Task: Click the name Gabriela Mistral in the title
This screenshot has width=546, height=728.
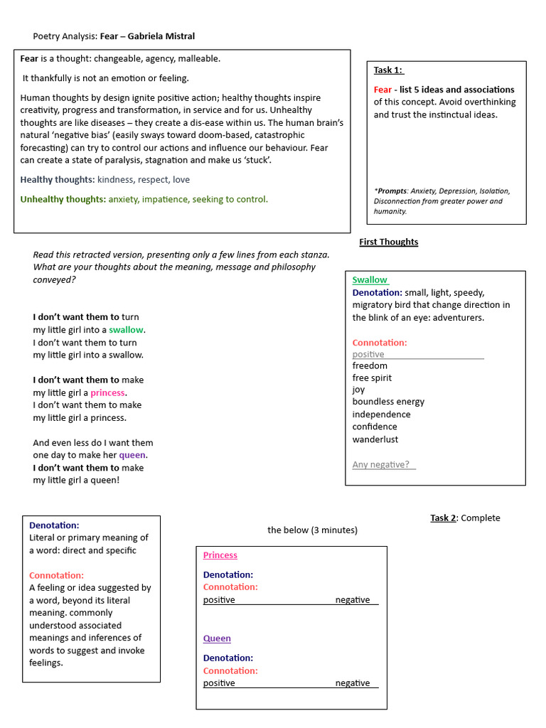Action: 161,36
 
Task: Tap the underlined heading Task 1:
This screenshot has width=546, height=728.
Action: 388,70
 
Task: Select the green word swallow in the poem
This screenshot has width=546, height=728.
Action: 126,330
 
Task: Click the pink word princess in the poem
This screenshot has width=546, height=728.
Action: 107,392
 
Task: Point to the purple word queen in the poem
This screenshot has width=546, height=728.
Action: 132,455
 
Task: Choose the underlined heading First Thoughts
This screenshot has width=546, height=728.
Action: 388,242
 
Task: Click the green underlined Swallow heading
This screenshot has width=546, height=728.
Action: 370,280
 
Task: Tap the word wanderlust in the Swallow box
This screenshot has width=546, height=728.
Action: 375,439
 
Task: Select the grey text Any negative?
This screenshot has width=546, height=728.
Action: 381,465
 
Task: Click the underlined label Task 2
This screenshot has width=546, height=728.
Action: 443,518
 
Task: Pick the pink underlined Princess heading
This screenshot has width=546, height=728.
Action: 220,555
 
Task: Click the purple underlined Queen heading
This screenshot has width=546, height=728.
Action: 217,638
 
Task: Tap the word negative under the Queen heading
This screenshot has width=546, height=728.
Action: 353,683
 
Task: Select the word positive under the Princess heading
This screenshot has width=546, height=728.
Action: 219,600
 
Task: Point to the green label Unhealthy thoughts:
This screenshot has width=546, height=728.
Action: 63,199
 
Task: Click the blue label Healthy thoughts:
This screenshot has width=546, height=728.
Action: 58,180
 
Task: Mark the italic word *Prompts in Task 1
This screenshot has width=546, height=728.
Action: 392,191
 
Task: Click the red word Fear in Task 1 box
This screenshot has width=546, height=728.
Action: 382,90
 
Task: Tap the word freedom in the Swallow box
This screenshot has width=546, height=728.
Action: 370,365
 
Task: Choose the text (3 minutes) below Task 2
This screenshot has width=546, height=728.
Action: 334,530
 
